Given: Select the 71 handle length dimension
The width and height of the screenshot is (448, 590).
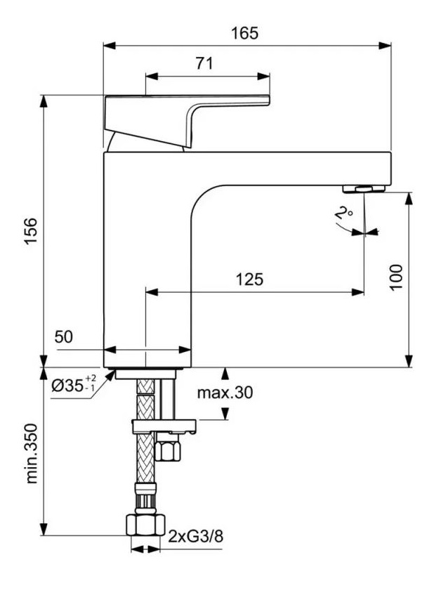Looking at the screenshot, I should coord(204,63).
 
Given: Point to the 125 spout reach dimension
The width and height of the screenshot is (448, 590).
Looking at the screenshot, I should coord(249,280).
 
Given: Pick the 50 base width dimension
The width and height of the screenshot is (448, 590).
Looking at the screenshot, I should coord(63,338).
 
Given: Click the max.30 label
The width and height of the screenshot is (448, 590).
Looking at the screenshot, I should coord(225,393).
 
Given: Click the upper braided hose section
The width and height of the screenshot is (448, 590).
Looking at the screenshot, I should coord(145,398).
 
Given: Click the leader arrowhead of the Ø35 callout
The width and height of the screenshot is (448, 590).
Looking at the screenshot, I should coord(112,374).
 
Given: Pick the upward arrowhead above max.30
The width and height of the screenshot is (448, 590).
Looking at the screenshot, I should coord(225,372).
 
